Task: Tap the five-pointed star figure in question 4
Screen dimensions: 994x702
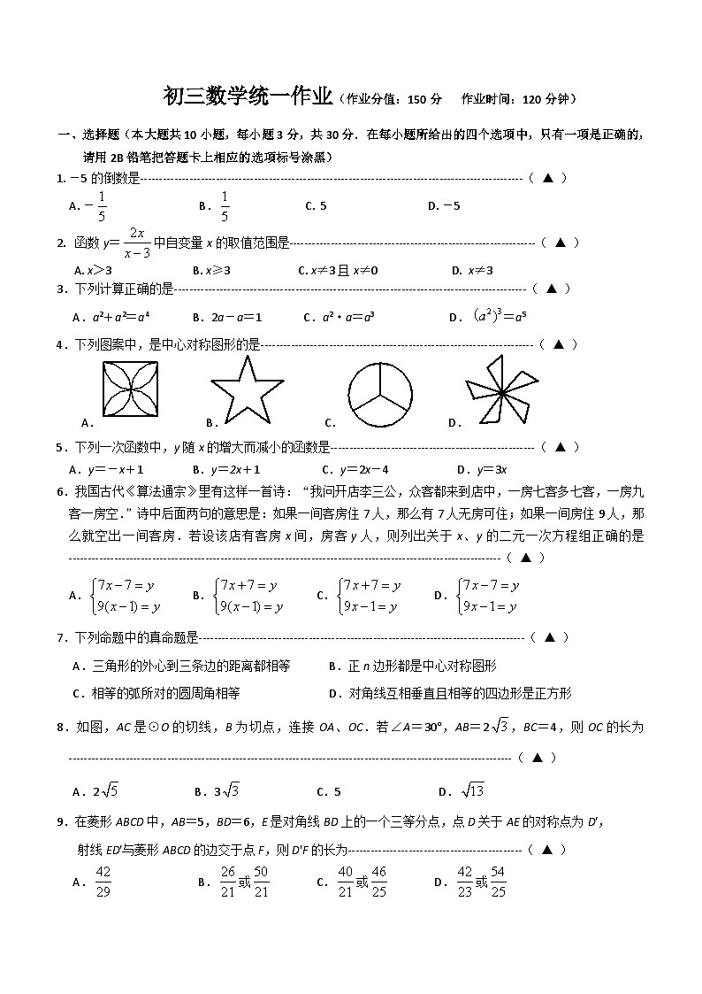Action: pos(248,391)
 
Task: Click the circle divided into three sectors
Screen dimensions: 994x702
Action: pos(380,391)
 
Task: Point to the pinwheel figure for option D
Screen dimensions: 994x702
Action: pos(500,391)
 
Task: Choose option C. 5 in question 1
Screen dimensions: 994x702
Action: pos(316,206)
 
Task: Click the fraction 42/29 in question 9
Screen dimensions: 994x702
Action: pos(103,882)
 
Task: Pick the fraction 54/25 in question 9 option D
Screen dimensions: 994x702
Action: pos(498,882)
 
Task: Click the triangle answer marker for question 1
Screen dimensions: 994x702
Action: pos(547,178)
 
